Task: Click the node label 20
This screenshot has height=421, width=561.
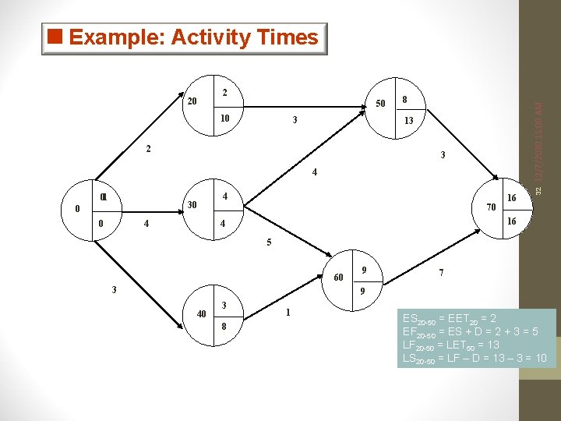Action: pos(193,101)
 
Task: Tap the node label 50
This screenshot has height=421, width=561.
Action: pos(380,103)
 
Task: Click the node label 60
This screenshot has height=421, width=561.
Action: pos(339,278)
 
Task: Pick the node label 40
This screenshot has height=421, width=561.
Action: pos(201,314)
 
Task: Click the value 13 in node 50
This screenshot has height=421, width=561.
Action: pos(408,121)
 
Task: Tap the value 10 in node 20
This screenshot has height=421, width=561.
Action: pos(224,119)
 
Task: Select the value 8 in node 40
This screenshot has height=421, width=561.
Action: pos(224,327)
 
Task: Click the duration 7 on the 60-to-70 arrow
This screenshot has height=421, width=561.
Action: pos(442,274)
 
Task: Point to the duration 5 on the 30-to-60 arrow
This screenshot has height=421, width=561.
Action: pos(269,242)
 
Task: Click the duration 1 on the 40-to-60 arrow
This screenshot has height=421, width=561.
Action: pos(288,313)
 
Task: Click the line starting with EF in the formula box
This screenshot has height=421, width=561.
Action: pos(475,331)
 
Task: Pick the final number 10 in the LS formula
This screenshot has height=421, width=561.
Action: pos(540,358)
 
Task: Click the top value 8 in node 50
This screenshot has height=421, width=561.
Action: pos(404,99)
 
